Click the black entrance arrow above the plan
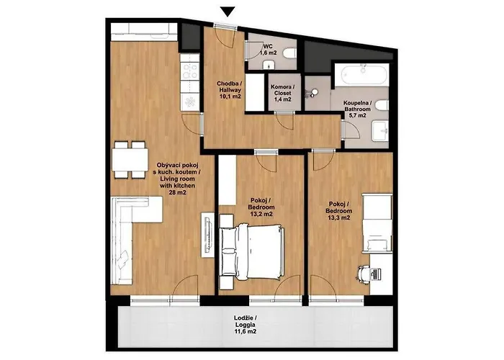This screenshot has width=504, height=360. coord(228,12)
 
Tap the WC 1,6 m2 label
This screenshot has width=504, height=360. coord(268,50)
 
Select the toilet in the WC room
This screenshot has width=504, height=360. coord(289,54)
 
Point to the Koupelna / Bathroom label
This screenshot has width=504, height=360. coord(357,109)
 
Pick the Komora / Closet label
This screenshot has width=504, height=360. coord(282,93)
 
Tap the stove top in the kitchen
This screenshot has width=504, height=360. coord(189,71)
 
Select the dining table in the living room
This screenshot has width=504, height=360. coord(130,160)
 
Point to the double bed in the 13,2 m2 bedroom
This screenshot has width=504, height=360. coord(252,252)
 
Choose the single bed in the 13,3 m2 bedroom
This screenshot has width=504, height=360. coord(377,222)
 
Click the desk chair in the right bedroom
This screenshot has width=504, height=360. coord(364,274)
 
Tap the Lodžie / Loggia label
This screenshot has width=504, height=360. coord(246,321)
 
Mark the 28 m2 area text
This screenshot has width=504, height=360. coord(177,192)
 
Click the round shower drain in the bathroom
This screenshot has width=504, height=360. coord(315,92)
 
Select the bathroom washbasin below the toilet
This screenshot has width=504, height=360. coord(381,131)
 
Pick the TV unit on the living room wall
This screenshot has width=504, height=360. coord(207,234)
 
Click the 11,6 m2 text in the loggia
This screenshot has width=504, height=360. coord(246,332)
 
